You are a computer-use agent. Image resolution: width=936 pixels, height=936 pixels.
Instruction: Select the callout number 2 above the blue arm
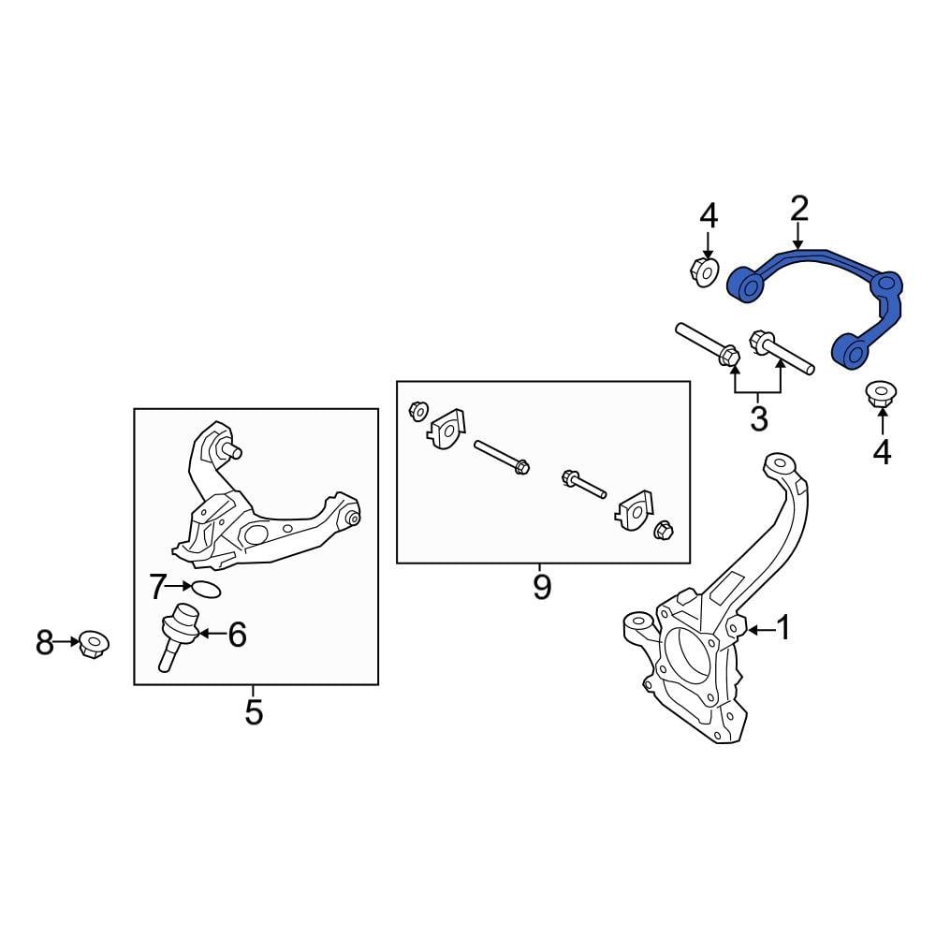[x=798, y=209]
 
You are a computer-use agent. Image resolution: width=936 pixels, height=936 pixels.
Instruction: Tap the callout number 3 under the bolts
[x=758, y=418]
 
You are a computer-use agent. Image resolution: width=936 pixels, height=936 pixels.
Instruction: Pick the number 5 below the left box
[x=254, y=713]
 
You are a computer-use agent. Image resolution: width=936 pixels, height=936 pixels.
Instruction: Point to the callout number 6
[x=237, y=636]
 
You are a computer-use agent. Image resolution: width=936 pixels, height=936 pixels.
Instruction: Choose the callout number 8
[x=45, y=643]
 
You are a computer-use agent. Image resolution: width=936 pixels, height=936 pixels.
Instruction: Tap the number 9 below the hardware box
[x=541, y=588]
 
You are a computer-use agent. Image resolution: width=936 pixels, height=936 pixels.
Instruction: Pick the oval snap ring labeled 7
[x=206, y=590]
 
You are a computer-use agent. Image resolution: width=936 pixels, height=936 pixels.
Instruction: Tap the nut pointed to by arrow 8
[x=94, y=644]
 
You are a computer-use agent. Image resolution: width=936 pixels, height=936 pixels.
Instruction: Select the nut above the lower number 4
[x=880, y=394]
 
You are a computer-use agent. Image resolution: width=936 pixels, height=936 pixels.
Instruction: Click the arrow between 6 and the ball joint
[x=212, y=636]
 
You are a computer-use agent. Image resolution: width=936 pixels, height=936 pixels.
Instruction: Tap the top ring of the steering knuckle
[x=779, y=464]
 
